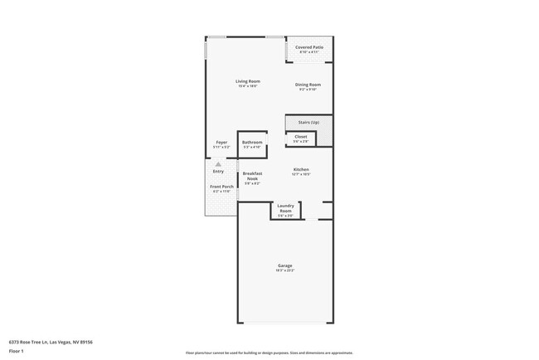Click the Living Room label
[247, 80]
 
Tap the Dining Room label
[308, 85]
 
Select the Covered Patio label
[308, 47]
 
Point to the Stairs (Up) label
[308, 122]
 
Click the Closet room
[301, 139]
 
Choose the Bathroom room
[252, 144]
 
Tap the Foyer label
[221, 142]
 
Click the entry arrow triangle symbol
[218, 164]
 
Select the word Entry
[218, 171]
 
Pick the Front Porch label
[221, 187]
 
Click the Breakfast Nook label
[252, 176]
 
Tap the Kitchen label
[301, 169]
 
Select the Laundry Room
[286, 208]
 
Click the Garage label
[284, 265]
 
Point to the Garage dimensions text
[284, 270]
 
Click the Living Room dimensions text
[247, 86]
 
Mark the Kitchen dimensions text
[301, 174]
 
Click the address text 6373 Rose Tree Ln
[51, 341]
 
